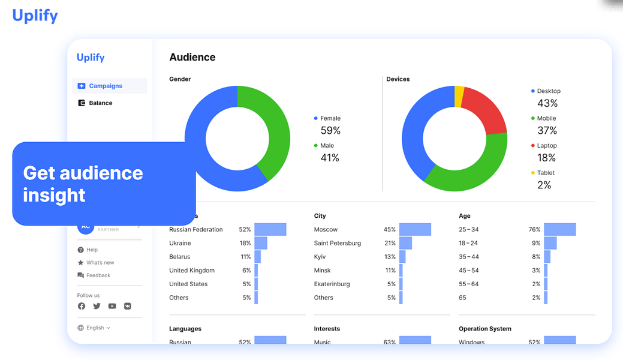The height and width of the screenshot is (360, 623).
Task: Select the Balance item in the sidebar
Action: click(100, 103)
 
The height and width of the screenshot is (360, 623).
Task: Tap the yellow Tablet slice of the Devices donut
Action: click(459, 97)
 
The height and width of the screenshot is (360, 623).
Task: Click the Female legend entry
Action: click(330, 118)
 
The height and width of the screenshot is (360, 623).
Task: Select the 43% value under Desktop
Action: click(547, 103)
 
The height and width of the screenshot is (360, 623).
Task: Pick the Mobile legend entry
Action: click(546, 118)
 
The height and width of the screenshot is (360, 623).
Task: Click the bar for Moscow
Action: click(415, 229)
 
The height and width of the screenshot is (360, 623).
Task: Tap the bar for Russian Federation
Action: click(270, 229)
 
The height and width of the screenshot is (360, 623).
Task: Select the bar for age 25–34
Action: click(559, 229)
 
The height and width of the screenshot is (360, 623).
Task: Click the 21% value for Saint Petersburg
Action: click(390, 243)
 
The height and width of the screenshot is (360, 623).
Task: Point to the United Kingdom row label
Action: click(191, 271)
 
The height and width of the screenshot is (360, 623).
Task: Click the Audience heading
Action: click(192, 58)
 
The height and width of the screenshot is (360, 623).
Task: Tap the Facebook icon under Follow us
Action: click(82, 306)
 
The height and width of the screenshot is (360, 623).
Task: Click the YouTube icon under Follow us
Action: click(112, 306)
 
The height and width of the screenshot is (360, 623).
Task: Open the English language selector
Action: click(94, 328)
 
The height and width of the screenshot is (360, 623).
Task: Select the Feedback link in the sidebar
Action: click(98, 275)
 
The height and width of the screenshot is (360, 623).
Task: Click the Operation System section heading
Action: click(484, 329)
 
